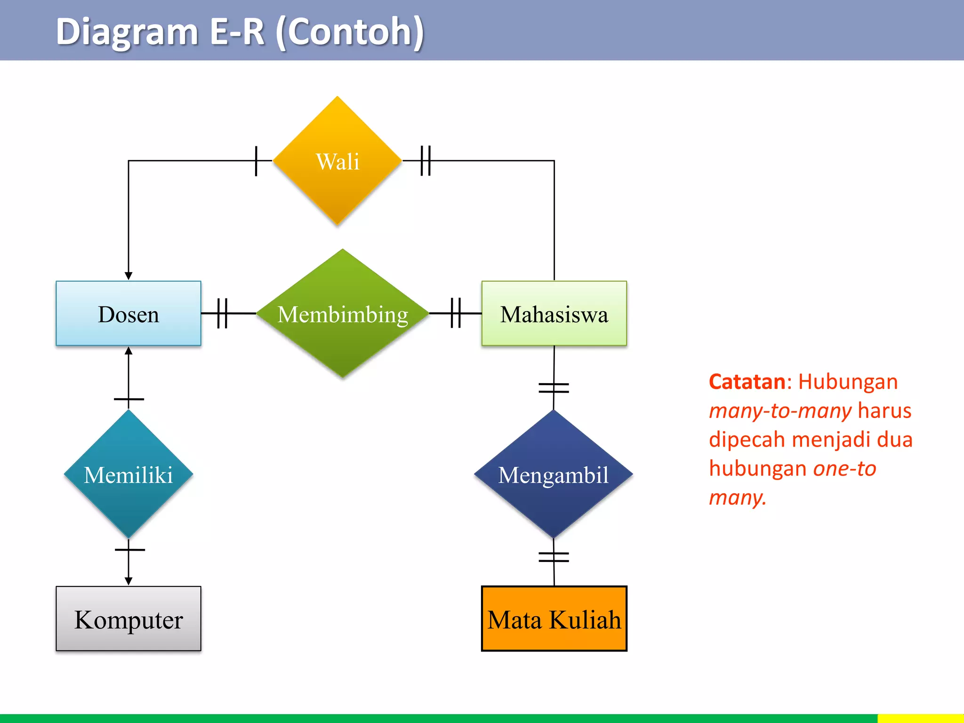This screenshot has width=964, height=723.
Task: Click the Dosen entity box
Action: pos(128,313)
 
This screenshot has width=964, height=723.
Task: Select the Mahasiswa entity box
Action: pos(554,313)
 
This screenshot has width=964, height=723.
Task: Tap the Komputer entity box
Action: pos(128,619)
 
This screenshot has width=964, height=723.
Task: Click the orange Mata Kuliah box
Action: pos(554,619)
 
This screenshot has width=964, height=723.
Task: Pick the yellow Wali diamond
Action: pos(337,161)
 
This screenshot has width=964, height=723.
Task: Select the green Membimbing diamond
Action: pos(343,313)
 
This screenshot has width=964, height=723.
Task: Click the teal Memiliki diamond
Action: pos(128,474)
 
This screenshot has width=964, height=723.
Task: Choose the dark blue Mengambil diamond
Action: pos(554,474)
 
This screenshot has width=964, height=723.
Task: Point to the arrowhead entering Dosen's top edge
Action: pos(129,276)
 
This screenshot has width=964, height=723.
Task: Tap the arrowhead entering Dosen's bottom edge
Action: pos(129,351)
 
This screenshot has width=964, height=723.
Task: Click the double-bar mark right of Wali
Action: pos(426,161)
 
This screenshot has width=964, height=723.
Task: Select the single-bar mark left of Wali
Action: pos(256,161)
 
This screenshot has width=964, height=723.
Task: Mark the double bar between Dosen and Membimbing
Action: pos(222,313)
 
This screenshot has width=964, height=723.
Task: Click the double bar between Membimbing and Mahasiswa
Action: pos(456,313)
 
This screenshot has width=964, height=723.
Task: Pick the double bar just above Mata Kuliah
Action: pos(554,557)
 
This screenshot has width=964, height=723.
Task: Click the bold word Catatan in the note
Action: pos(747,382)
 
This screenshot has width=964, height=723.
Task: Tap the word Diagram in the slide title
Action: pos(127,32)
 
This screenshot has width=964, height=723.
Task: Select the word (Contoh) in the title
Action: pos(350,32)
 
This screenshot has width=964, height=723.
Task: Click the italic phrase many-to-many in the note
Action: pos(780,411)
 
